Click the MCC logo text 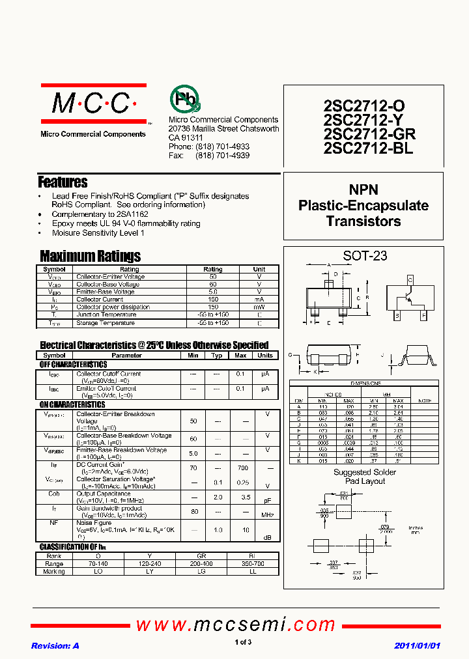[91, 103]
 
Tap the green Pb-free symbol [184, 100]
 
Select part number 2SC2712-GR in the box [369, 134]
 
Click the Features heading [63, 182]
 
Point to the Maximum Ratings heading [90, 256]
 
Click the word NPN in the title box [364, 190]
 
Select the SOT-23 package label [364, 256]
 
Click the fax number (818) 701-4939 [222, 156]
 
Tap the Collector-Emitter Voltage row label [110, 277]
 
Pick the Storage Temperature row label [106, 323]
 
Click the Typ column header [217, 356]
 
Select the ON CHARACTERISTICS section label [72, 405]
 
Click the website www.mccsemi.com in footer [235, 625]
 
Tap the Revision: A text [55, 645]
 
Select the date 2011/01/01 [417, 645]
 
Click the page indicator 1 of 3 [243, 643]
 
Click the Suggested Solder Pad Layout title [364, 477]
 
